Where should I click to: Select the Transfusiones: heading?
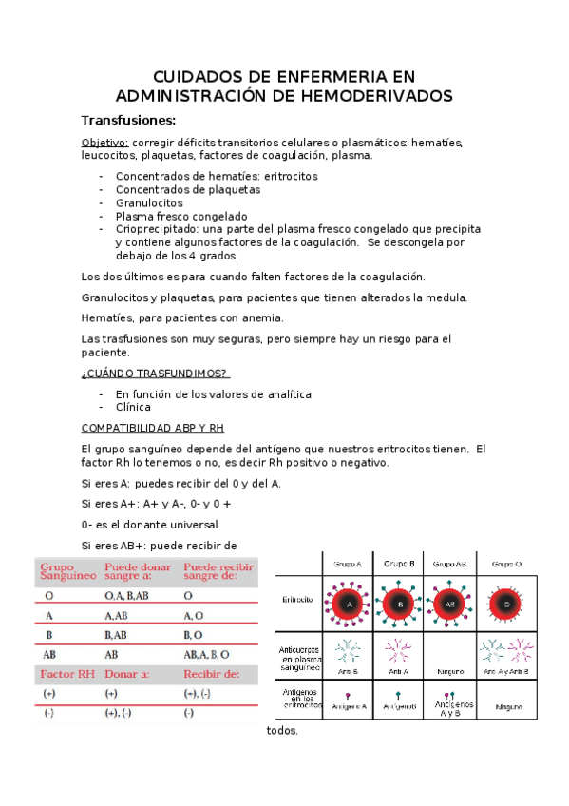128,121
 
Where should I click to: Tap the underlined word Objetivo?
104,143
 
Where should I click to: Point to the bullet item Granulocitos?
149,202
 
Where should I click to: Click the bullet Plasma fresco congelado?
180,216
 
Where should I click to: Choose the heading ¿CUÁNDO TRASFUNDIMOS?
155,373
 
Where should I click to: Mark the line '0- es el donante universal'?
150,524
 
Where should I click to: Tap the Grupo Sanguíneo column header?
67,570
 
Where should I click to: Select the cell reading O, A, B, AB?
128,596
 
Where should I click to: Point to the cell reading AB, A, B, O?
206,654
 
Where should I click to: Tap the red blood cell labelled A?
349,604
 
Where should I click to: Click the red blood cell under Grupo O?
506,604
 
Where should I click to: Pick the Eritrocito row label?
299,600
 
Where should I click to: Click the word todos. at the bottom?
282,732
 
